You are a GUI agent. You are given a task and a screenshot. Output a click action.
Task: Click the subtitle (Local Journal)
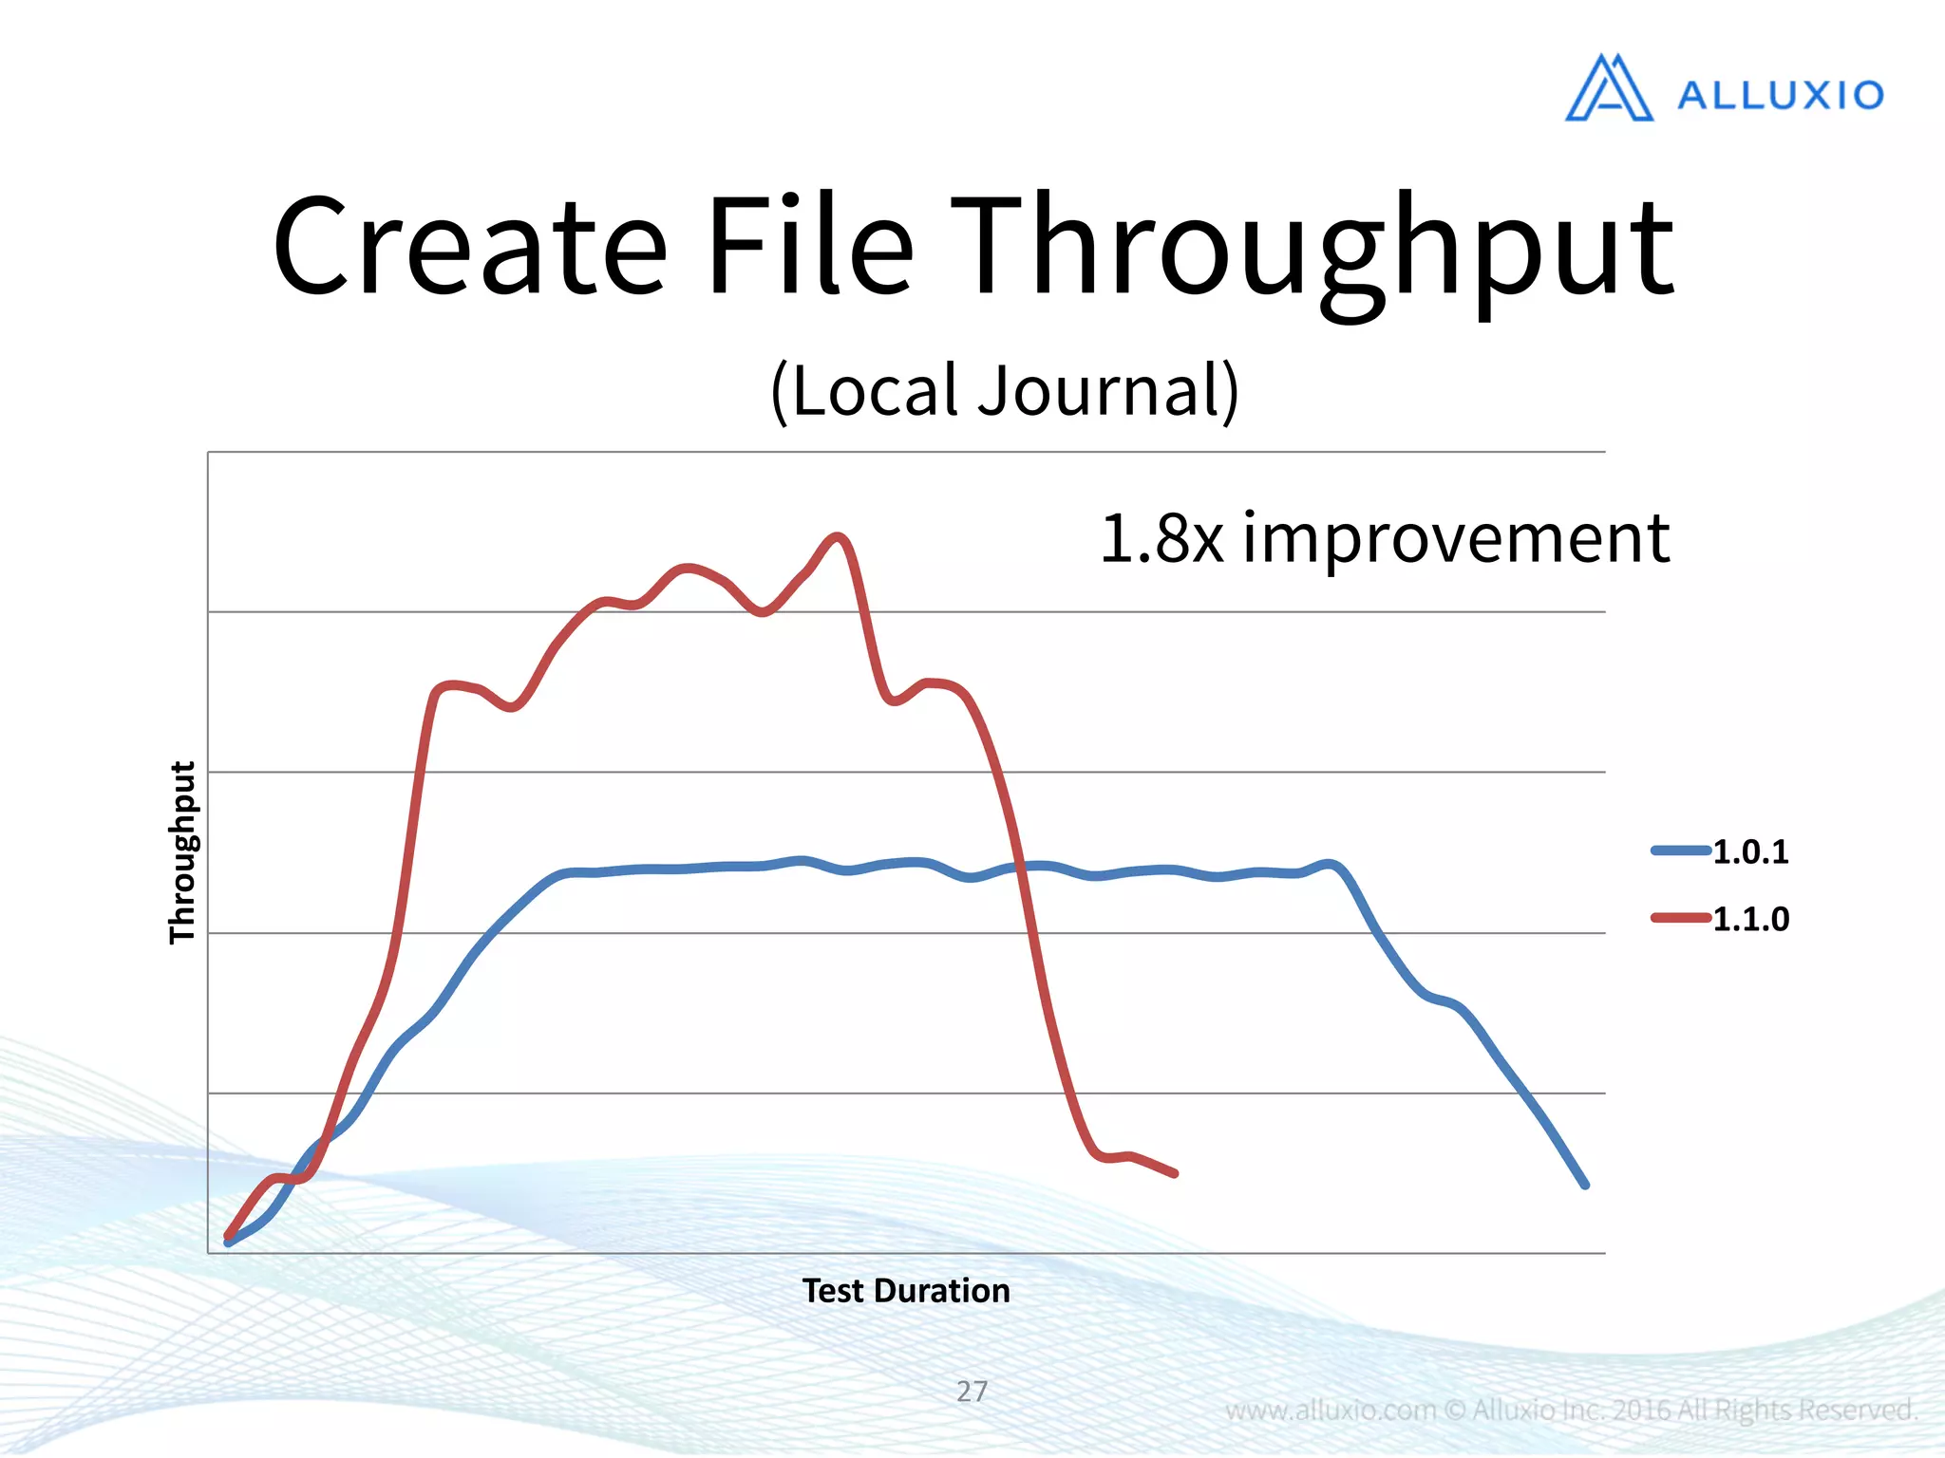tap(1004, 390)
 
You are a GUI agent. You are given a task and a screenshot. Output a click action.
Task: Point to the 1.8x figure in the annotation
tap(1161, 538)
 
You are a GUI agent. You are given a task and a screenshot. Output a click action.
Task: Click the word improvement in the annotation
tap(1456, 538)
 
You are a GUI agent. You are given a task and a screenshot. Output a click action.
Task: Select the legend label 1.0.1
tap(1750, 852)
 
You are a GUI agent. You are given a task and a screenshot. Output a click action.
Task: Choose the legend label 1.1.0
tap(1750, 919)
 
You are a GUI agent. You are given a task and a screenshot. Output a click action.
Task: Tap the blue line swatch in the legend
tap(1680, 850)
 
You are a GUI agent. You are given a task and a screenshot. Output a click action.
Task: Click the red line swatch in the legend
tap(1680, 918)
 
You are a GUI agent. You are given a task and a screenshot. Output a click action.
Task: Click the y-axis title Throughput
tap(181, 851)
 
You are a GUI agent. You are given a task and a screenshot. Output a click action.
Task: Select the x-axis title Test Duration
tap(906, 1291)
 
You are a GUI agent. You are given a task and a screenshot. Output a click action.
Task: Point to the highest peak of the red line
tap(837, 537)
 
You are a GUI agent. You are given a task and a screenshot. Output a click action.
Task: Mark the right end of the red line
tap(1175, 1174)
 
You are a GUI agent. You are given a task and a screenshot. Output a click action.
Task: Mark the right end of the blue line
tap(1584, 1185)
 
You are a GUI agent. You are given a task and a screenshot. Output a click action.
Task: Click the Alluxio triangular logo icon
tap(1609, 88)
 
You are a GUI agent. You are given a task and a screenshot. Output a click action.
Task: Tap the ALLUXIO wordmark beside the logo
tap(1781, 95)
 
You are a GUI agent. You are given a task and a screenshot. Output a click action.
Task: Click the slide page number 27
tap(972, 1391)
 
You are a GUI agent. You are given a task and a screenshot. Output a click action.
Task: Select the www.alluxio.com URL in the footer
tap(1330, 1411)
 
